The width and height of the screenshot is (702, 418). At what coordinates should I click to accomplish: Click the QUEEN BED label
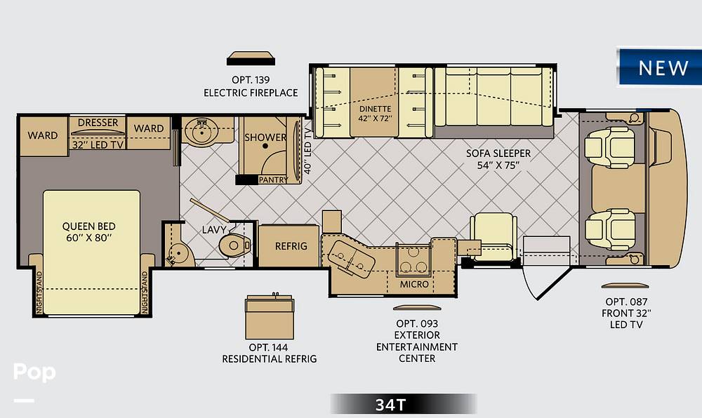pyautogui.click(x=88, y=227)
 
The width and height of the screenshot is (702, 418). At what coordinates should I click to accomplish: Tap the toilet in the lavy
pyautogui.click(x=234, y=245)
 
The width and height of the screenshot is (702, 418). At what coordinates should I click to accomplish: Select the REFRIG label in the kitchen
pyautogui.click(x=291, y=246)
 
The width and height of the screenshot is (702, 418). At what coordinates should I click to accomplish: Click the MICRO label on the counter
pyautogui.click(x=414, y=284)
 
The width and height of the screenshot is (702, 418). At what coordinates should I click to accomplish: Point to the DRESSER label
pyautogui.click(x=98, y=123)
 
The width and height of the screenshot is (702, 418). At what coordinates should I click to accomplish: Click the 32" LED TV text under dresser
pyautogui.click(x=98, y=145)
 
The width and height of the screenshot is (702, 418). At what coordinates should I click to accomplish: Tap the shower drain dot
pyautogui.click(x=265, y=146)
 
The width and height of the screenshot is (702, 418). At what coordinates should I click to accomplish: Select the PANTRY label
pyautogui.click(x=273, y=180)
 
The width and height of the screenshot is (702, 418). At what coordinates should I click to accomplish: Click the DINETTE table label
pyautogui.click(x=375, y=109)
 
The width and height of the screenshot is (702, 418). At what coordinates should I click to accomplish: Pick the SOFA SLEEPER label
pyautogui.click(x=498, y=154)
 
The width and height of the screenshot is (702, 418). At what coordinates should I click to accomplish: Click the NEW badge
pyautogui.click(x=660, y=67)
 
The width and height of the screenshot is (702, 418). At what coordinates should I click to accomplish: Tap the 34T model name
pyautogui.click(x=390, y=405)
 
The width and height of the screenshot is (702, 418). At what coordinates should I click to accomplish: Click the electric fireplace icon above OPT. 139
pyautogui.click(x=251, y=59)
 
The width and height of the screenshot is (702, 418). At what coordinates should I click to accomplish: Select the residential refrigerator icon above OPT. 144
pyautogui.click(x=270, y=317)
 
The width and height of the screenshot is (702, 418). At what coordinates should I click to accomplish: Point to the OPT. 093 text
pyautogui.click(x=417, y=323)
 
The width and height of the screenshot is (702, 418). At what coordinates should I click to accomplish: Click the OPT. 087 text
pyautogui.click(x=626, y=302)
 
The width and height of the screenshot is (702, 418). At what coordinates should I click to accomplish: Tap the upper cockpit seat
pyautogui.click(x=610, y=147)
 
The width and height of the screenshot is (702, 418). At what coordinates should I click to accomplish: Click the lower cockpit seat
pyautogui.click(x=610, y=229)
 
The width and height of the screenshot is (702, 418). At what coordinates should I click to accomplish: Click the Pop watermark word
pyautogui.click(x=34, y=372)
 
